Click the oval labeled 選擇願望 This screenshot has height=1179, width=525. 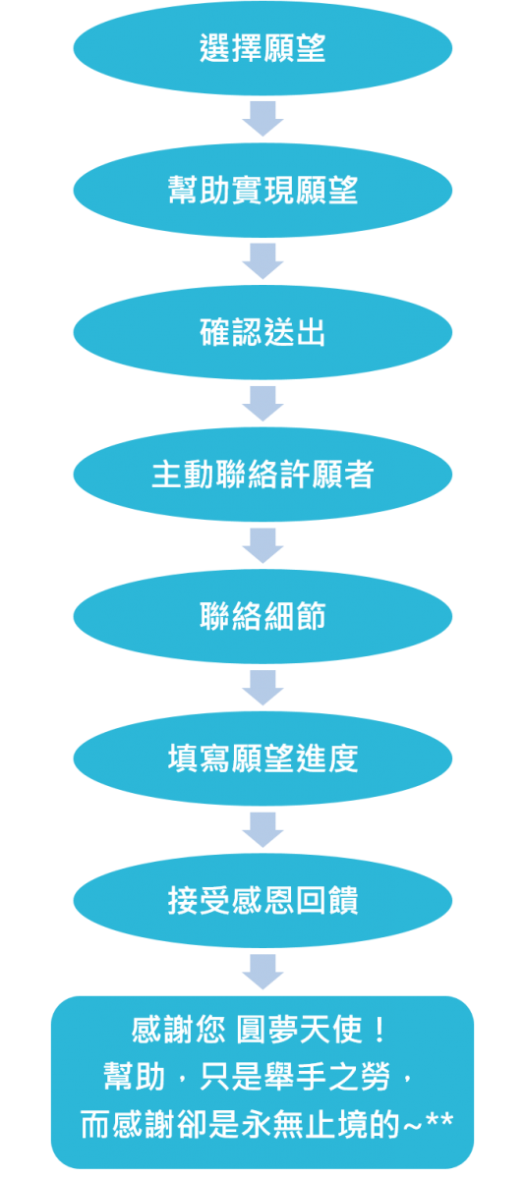click(x=262, y=48)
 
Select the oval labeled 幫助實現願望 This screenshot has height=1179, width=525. click(x=262, y=190)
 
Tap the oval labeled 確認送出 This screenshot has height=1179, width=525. click(x=262, y=332)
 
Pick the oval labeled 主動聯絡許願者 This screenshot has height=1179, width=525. click(x=262, y=475)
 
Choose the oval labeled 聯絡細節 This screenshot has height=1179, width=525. click(x=262, y=616)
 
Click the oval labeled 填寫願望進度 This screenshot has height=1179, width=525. click(x=262, y=758)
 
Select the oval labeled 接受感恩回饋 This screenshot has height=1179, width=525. click(x=262, y=901)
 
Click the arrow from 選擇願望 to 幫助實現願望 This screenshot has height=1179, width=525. click(x=262, y=119)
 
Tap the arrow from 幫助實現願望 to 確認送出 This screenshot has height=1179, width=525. click(x=262, y=261)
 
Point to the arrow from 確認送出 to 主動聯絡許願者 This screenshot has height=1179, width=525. click(x=262, y=403)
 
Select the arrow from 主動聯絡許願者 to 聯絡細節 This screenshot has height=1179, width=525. click(x=262, y=545)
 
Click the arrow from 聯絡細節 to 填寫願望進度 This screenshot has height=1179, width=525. click(x=262, y=688)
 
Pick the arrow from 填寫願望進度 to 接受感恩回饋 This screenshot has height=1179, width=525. click(x=262, y=829)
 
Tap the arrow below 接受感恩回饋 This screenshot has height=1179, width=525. click(x=262, y=972)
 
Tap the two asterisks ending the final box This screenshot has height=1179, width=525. click(x=439, y=1120)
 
